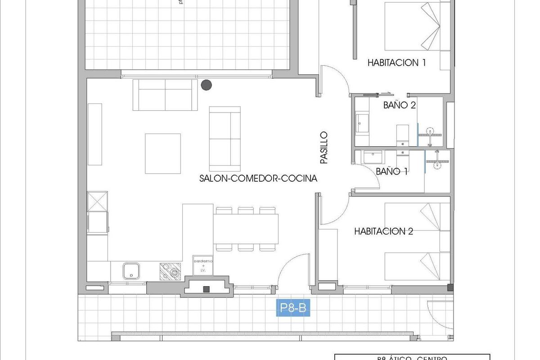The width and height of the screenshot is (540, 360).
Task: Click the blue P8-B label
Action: [x=293, y=308]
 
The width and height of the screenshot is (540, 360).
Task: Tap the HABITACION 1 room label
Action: [x=396, y=63]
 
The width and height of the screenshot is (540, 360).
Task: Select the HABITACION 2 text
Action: [x=383, y=231]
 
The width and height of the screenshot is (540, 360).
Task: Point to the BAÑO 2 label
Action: [x=399, y=105]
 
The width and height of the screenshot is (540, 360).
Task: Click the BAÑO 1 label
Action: [x=391, y=171]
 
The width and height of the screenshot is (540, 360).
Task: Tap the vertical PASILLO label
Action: [x=323, y=147]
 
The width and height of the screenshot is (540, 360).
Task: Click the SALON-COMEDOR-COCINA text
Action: [x=258, y=178]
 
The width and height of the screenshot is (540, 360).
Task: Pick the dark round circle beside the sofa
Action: [x=206, y=84]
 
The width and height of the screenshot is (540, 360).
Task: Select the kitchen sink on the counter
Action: [x=131, y=271]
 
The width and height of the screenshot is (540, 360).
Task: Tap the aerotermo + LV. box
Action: [x=203, y=265]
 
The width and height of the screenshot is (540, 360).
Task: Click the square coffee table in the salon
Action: [x=162, y=153]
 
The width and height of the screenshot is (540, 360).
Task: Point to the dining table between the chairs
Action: [x=245, y=229]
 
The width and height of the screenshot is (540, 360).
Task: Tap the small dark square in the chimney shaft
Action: [x=207, y=289]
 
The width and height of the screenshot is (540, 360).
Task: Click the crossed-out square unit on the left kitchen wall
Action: [x=98, y=201]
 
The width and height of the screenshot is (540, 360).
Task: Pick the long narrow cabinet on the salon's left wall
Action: [x=95, y=134]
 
